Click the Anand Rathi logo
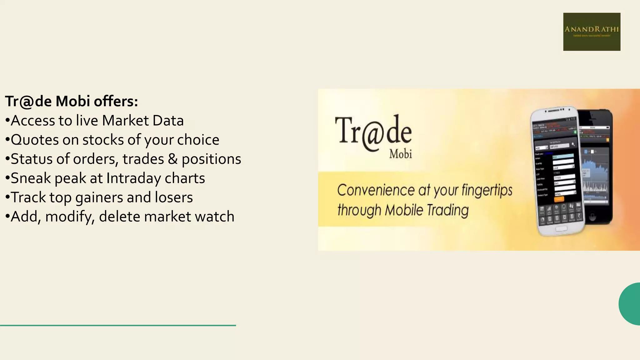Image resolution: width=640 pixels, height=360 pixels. click(x=592, y=32)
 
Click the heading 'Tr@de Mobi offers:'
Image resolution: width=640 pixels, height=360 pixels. click(x=72, y=101)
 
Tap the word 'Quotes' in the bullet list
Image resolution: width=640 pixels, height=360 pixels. click(x=35, y=140)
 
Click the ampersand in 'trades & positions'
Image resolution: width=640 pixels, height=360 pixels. click(x=172, y=159)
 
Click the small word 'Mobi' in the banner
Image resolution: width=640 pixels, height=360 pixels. click(x=400, y=154)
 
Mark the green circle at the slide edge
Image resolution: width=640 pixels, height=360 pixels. click(x=630, y=304)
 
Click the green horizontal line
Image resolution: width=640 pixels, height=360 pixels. click(x=118, y=325)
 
